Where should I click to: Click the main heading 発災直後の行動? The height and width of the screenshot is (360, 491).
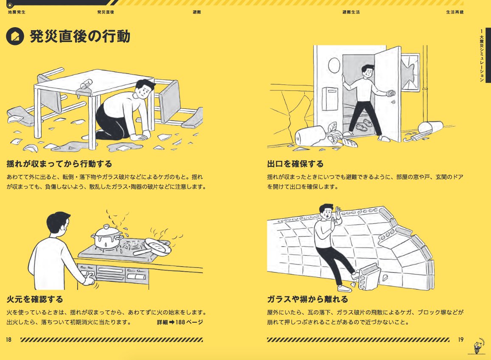(x=80, y=37)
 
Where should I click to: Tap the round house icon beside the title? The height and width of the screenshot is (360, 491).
(x=15, y=37)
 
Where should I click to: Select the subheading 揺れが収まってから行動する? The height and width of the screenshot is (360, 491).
(x=59, y=164)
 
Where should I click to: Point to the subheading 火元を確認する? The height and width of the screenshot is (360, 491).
(x=35, y=300)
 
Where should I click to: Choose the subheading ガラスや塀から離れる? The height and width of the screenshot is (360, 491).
(x=307, y=300)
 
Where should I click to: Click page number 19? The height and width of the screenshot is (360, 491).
(x=460, y=339)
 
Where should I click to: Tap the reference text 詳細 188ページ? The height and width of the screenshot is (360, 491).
(x=180, y=322)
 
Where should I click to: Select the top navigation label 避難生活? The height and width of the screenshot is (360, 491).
(x=351, y=12)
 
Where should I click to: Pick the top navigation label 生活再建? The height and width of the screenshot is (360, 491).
(x=455, y=12)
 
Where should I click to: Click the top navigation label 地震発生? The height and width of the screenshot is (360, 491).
(x=17, y=12)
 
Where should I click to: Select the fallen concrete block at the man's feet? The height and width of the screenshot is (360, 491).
(x=368, y=276)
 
